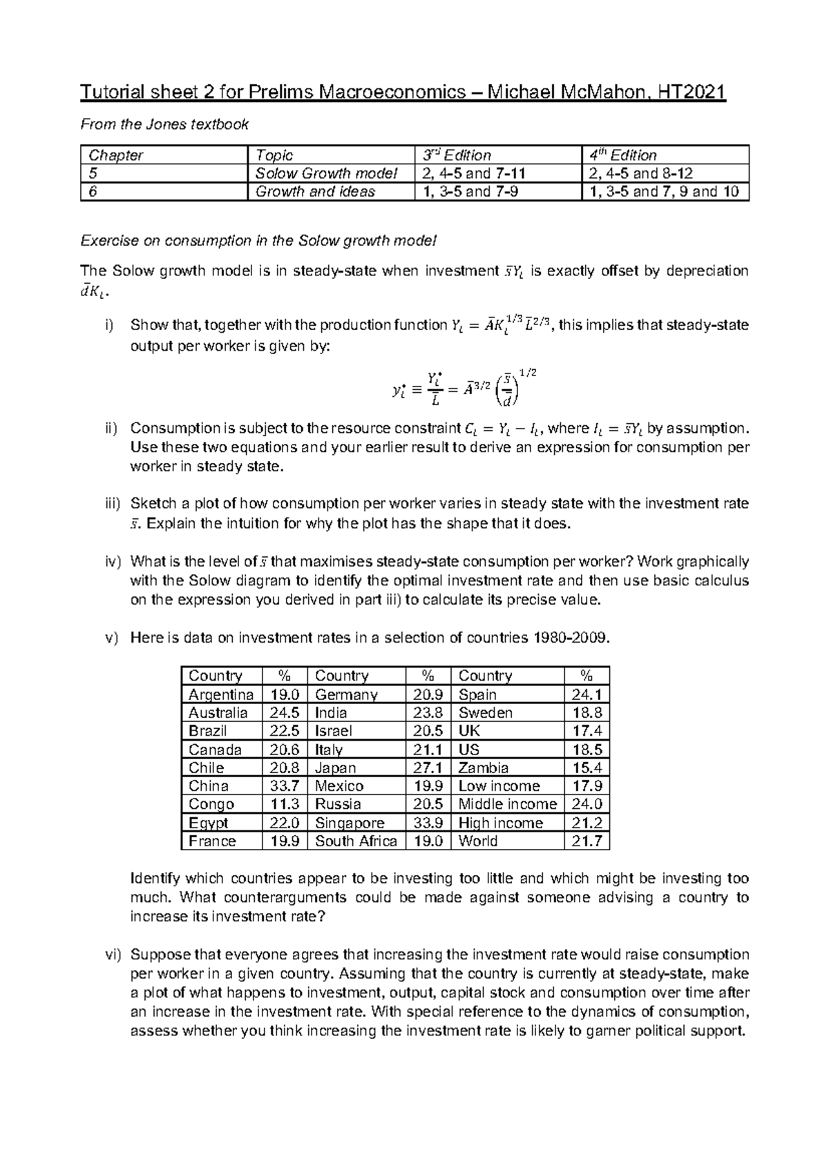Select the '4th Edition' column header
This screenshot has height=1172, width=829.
(620, 155)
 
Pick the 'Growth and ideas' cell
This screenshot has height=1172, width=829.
(315, 192)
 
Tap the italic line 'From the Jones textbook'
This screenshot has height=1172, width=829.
(164, 124)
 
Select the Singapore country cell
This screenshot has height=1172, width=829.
(350, 823)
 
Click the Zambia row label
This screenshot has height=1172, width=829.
(484, 768)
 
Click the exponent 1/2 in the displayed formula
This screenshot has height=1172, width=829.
(526, 373)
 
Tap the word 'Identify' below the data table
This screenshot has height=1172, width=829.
(155, 879)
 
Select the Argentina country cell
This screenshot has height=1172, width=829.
(220, 694)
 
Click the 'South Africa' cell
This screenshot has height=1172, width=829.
(356, 841)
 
